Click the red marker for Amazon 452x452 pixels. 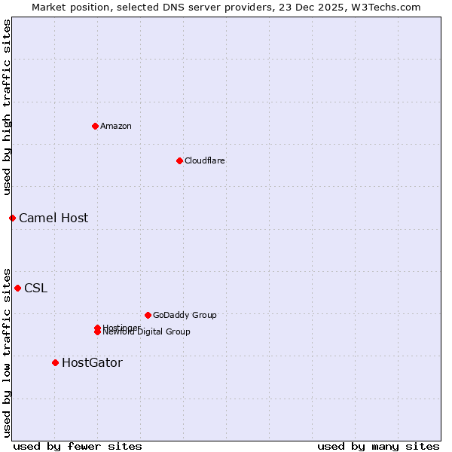[95, 126]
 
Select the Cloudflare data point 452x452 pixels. [179, 160]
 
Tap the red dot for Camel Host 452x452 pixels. [12, 218]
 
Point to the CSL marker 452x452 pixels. [17, 288]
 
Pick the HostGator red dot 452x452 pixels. [55, 362]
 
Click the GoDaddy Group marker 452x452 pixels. [148, 315]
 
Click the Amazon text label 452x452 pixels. [116, 126]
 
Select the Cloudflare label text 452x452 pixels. [205, 160]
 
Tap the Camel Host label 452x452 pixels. [53, 218]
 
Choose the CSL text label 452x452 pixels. [35, 288]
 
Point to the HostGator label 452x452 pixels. [92, 362]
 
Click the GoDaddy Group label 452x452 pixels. [185, 315]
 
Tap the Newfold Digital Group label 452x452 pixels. [148, 332]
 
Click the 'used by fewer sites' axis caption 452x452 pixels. [78, 446]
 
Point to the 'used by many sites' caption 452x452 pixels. [378, 446]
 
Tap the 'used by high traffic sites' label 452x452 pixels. [7, 107]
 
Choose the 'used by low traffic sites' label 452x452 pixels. [7, 352]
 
